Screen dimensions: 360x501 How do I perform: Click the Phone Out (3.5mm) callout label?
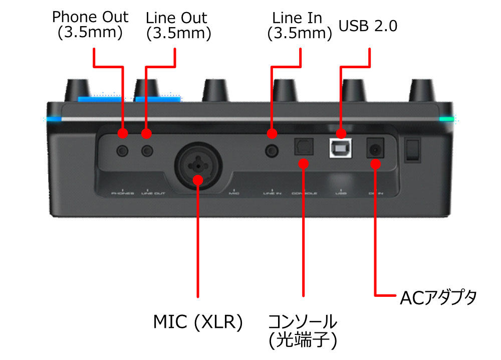coord(90,25)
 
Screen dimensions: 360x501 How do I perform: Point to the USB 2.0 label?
coord(368,26)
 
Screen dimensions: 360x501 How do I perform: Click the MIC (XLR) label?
coord(198,322)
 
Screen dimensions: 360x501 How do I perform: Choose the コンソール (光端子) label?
coord(303,331)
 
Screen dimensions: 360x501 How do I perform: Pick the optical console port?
coord(303,147)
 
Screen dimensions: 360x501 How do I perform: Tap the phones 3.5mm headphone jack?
coord(123,150)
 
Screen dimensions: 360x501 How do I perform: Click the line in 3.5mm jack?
coord(272,150)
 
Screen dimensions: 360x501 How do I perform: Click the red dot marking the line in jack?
coord(272,134)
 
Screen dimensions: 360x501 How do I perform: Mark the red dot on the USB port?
coord(341,134)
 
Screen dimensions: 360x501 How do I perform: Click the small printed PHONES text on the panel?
coord(123,193)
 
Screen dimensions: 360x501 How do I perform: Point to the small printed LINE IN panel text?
coord(272,193)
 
